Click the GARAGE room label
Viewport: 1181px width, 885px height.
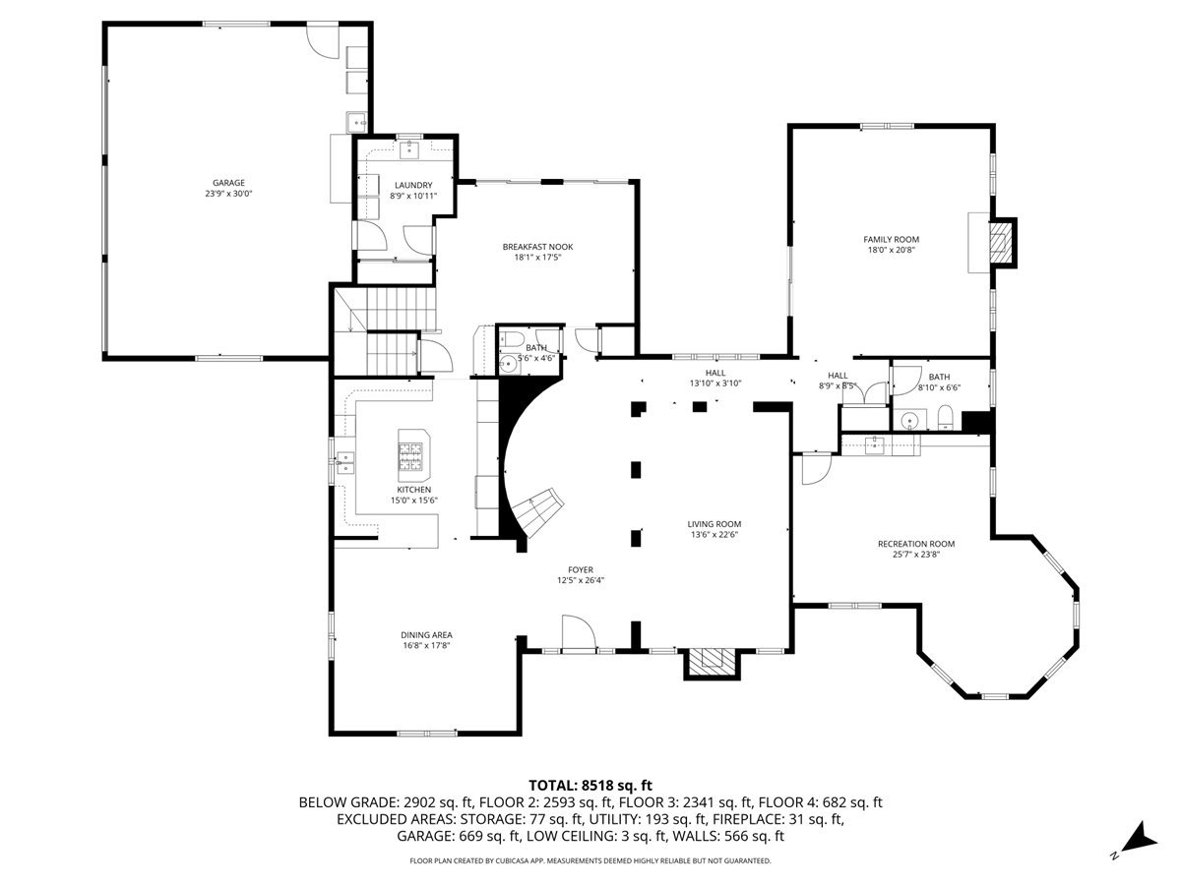pos(228,183)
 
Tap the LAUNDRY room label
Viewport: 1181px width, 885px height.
pos(413,185)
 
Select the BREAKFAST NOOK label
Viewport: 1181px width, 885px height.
pos(537,247)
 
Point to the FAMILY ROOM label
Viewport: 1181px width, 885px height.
pos(891,239)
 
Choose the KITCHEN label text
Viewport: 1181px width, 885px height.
pos(413,490)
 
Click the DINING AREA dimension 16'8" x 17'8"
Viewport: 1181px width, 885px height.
pos(426,647)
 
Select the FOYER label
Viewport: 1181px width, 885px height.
pos(580,569)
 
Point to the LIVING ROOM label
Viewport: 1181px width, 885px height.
pos(714,524)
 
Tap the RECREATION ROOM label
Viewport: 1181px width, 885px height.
pos(915,544)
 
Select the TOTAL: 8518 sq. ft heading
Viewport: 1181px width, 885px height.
pos(590,785)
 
